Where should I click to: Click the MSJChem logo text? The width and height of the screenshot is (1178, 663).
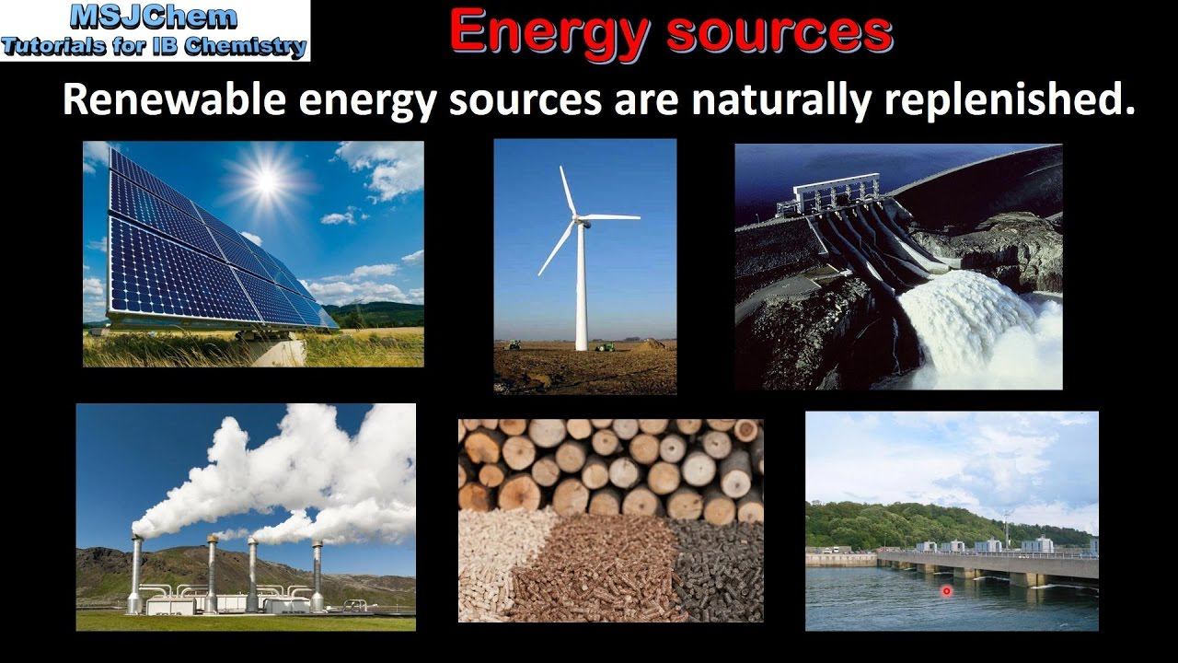point(154,17)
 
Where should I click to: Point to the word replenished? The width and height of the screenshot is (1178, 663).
point(1010,100)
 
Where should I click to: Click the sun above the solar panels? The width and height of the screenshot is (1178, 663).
point(266,180)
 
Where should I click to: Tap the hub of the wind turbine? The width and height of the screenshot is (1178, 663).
point(578,218)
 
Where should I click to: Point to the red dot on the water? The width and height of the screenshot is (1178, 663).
point(946,591)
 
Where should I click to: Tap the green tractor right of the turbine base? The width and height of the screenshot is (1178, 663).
point(605,346)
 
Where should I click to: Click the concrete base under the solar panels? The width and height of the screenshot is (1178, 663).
point(276,351)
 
